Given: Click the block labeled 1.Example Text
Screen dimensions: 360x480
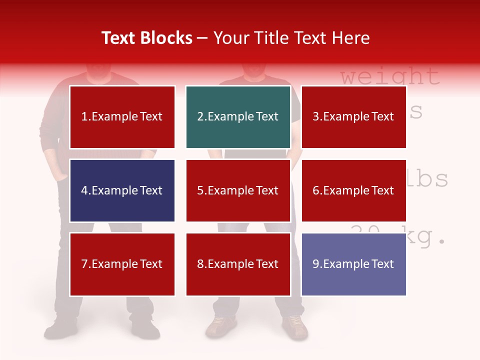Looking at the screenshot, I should click(x=122, y=117).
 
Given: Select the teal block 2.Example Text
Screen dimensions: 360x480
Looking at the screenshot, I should click(x=238, y=117).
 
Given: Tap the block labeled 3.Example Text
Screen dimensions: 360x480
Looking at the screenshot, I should click(x=353, y=117).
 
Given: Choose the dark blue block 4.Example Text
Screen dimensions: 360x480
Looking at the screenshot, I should click(x=122, y=190).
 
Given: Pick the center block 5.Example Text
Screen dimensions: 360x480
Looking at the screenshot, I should click(x=238, y=190).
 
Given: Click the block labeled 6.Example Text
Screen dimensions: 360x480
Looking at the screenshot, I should click(x=353, y=190).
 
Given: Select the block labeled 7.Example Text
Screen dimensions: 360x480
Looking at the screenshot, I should click(x=122, y=264).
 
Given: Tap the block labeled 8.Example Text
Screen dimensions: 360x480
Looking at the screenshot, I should click(x=238, y=264).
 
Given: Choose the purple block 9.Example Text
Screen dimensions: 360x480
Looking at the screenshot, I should click(x=353, y=264).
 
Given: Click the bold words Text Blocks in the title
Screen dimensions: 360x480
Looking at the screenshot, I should click(x=147, y=38).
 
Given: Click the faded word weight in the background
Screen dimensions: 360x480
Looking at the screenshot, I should click(x=390, y=76).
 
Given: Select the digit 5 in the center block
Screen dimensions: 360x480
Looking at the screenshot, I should click(x=200, y=190).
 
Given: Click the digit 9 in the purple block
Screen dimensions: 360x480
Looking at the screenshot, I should click(x=315, y=264).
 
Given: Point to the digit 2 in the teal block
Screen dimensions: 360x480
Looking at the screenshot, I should click(x=200, y=117).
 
